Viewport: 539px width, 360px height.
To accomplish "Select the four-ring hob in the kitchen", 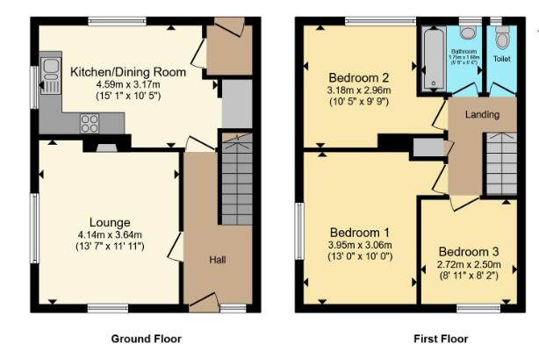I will click(x=90, y=125).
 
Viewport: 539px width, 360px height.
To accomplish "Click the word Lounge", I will click(x=110, y=222).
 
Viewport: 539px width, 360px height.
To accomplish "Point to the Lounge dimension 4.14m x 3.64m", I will click(x=110, y=234).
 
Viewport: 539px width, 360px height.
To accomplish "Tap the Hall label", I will click(x=218, y=259).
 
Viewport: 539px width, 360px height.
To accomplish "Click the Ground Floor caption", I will click(x=147, y=338).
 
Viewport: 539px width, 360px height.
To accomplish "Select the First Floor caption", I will click(x=441, y=338).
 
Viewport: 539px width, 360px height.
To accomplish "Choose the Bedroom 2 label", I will click(x=358, y=76).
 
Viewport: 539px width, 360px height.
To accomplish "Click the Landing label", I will click(x=482, y=115).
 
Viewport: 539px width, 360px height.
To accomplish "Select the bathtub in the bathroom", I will click(x=433, y=60).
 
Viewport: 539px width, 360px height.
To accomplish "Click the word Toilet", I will click(x=501, y=59).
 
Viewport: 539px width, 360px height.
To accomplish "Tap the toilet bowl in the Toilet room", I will click(x=502, y=38).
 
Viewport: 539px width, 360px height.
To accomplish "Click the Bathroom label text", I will click(x=465, y=53).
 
